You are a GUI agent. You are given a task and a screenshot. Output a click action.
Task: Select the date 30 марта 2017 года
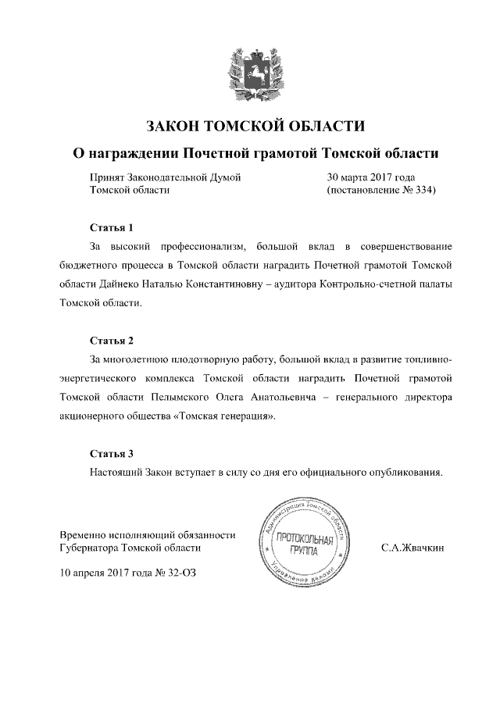coord(370,177)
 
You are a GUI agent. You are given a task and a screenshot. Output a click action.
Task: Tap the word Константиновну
coord(216,284)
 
